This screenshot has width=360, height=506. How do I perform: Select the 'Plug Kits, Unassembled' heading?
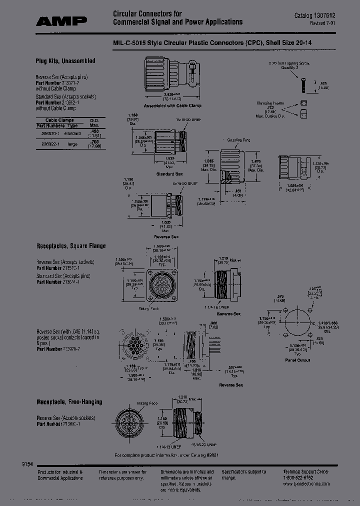65,61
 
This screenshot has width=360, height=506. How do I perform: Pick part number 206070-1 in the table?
49,133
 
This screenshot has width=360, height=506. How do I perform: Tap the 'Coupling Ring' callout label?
237,140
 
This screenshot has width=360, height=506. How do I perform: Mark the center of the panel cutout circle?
298,323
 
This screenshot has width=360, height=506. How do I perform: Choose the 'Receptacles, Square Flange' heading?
70,246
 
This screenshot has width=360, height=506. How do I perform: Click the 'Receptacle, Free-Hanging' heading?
69,401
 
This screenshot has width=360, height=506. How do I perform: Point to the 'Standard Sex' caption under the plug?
169,173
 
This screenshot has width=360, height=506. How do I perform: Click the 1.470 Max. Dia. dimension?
255,165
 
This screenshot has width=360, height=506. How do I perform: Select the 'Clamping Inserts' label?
270,103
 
